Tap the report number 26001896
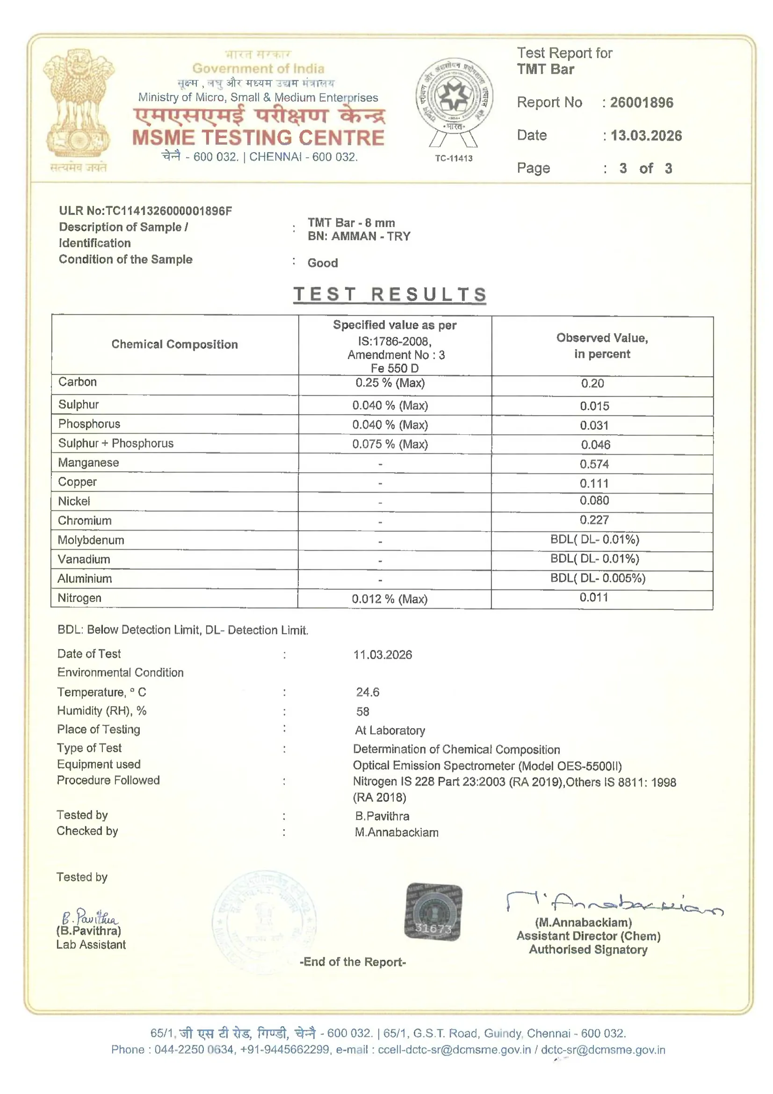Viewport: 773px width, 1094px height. [x=641, y=102]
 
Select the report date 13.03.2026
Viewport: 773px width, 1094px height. [x=646, y=136]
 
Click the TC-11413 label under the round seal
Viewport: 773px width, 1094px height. [x=454, y=158]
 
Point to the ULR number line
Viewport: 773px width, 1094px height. [x=145, y=211]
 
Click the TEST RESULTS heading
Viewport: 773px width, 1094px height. [x=390, y=294]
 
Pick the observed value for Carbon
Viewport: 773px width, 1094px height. [x=592, y=384]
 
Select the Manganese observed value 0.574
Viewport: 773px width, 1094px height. [x=594, y=464]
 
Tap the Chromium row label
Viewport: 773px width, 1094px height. [x=85, y=520]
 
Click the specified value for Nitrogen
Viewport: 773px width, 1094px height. [x=389, y=599]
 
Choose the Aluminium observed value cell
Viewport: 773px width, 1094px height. [x=598, y=578]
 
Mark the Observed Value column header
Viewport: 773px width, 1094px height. [x=602, y=345]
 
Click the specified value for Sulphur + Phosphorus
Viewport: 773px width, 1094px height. [x=390, y=444]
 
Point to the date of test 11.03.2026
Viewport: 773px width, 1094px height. [x=383, y=655]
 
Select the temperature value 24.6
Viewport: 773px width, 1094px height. [x=367, y=692]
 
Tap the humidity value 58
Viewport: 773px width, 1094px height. [x=362, y=711]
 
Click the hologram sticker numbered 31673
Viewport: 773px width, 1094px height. [x=433, y=911]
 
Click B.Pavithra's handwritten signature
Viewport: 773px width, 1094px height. [x=89, y=917]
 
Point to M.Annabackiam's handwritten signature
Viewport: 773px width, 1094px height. [x=614, y=903]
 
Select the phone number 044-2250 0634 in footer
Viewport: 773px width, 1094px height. [x=194, y=1049]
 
